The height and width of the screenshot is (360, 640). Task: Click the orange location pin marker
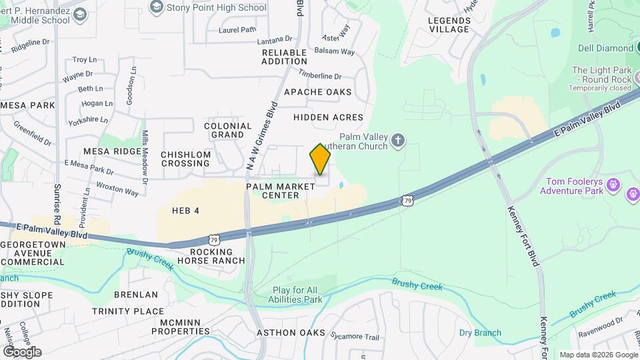(x=320, y=159)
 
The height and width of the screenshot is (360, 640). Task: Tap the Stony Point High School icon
(x=157, y=7)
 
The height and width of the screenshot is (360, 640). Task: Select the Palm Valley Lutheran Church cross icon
(x=398, y=140)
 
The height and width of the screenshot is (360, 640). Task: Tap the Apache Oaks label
(x=317, y=92)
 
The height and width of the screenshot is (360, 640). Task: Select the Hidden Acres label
(x=328, y=117)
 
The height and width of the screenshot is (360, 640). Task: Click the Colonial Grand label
(x=228, y=130)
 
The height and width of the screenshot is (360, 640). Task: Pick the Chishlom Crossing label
(x=186, y=159)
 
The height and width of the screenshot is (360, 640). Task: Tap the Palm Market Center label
(x=281, y=191)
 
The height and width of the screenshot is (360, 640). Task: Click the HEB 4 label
(x=185, y=211)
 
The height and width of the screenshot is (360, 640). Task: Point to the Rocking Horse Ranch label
(x=212, y=257)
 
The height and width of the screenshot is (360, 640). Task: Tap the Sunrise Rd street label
(x=58, y=200)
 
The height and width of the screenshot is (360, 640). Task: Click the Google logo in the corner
(x=22, y=351)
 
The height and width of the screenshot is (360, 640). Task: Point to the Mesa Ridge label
(x=113, y=151)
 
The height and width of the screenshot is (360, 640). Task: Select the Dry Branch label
(x=480, y=333)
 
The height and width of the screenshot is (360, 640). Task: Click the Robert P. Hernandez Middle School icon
(x=80, y=14)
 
